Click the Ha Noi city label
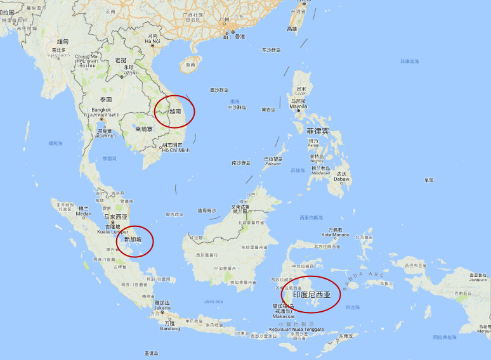[x=152, y=42]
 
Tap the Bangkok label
[x=101, y=110]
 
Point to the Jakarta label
[x=162, y=309]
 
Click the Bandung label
[x=169, y=328]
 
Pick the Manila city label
[x=298, y=106]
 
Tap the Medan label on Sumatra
[x=83, y=214]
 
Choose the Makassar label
[x=284, y=316]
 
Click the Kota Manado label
[x=336, y=235]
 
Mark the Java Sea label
[x=214, y=301]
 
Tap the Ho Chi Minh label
[x=175, y=150]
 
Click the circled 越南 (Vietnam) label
[x=176, y=111]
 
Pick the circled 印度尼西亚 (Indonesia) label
[x=312, y=295]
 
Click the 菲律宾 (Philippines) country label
[x=318, y=131]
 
